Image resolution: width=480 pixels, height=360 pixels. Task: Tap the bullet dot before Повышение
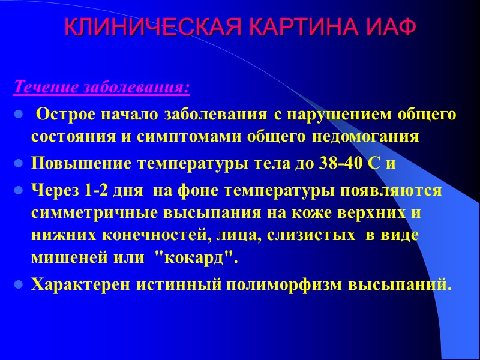18,164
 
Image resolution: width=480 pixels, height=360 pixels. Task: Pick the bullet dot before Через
18,191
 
